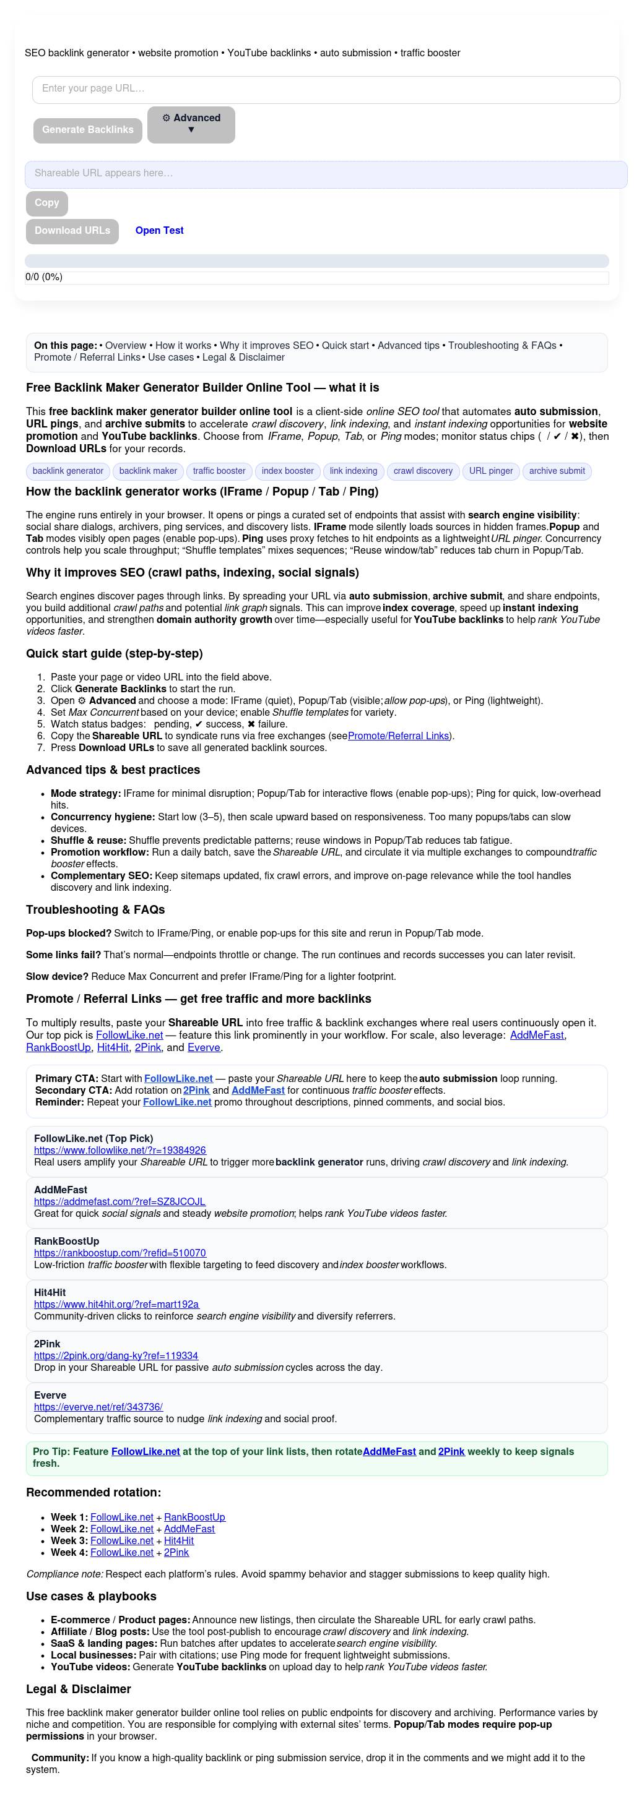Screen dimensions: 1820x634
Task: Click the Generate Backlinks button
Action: (88, 130)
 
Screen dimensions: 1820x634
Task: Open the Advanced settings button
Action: (191, 124)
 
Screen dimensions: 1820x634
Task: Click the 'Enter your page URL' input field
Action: (326, 90)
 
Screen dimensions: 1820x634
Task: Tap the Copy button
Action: (46, 204)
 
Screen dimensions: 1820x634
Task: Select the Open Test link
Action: (159, 231)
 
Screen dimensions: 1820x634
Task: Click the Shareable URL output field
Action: (326, 174)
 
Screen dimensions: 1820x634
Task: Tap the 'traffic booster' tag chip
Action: (219, 471)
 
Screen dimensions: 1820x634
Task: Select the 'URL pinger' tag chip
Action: (491, 471)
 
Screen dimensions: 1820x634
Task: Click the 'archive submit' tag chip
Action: (557, 471)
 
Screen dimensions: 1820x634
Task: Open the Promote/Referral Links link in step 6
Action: (399, 736)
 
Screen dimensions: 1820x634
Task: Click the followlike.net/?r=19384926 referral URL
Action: (120, 1150)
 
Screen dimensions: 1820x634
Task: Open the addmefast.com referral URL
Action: (119, 1202)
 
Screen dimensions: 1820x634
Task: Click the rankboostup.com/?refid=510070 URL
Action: (120, 1253)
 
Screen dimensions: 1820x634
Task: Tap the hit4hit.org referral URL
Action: (116, 1304)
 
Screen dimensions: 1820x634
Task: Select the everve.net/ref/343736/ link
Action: (98, 1407)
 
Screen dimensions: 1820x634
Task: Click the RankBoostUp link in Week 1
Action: (194, 1517)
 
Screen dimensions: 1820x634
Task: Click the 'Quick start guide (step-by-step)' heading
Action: (115, 653)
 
